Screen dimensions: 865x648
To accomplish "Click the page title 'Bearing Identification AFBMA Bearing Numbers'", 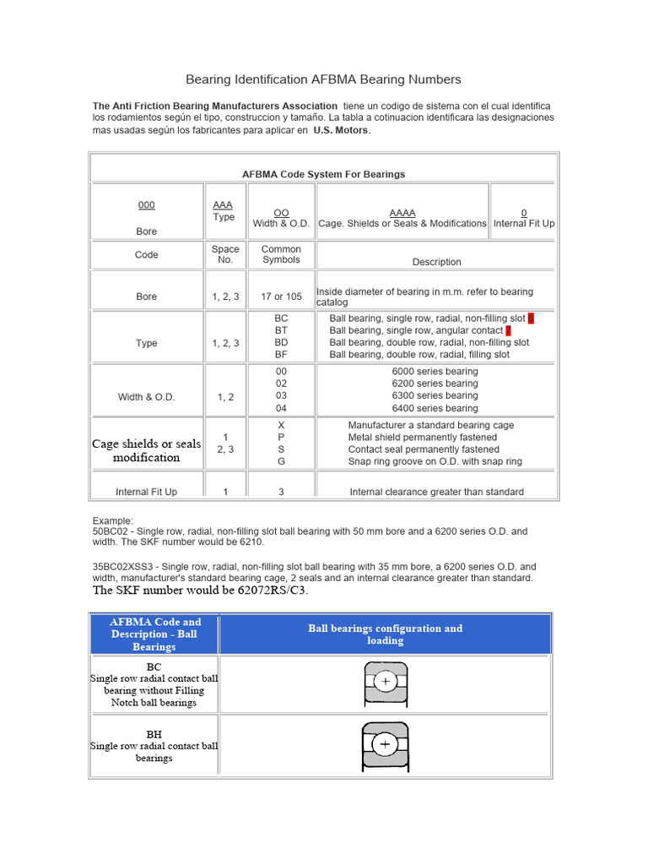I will (323, 79).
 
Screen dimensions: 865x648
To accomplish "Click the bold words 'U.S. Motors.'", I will (342, 131).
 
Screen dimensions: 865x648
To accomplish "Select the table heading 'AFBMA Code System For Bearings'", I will (323, 174).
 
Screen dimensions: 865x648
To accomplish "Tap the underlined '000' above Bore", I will (147, 205).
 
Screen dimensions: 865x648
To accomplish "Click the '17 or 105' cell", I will (281, 296).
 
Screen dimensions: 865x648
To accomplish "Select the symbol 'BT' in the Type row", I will (281, 330).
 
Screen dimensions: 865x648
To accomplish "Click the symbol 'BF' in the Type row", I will (281, 355).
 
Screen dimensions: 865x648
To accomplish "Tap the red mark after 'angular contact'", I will (508, 330).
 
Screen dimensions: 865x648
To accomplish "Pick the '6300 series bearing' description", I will (435, 395).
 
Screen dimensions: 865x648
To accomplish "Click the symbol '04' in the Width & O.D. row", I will (281, 408).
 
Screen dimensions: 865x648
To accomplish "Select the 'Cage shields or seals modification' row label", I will (147, 450).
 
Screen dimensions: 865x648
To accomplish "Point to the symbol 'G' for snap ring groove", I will (281, 461).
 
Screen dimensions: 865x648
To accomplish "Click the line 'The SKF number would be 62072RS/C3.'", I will (200, 590).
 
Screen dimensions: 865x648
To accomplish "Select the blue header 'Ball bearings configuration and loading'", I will (385, 634).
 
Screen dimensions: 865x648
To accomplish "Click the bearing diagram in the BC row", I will (386, 681).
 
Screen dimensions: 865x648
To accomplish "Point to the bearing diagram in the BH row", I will (386, 743).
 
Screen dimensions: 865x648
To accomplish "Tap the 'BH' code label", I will (154, 735).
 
